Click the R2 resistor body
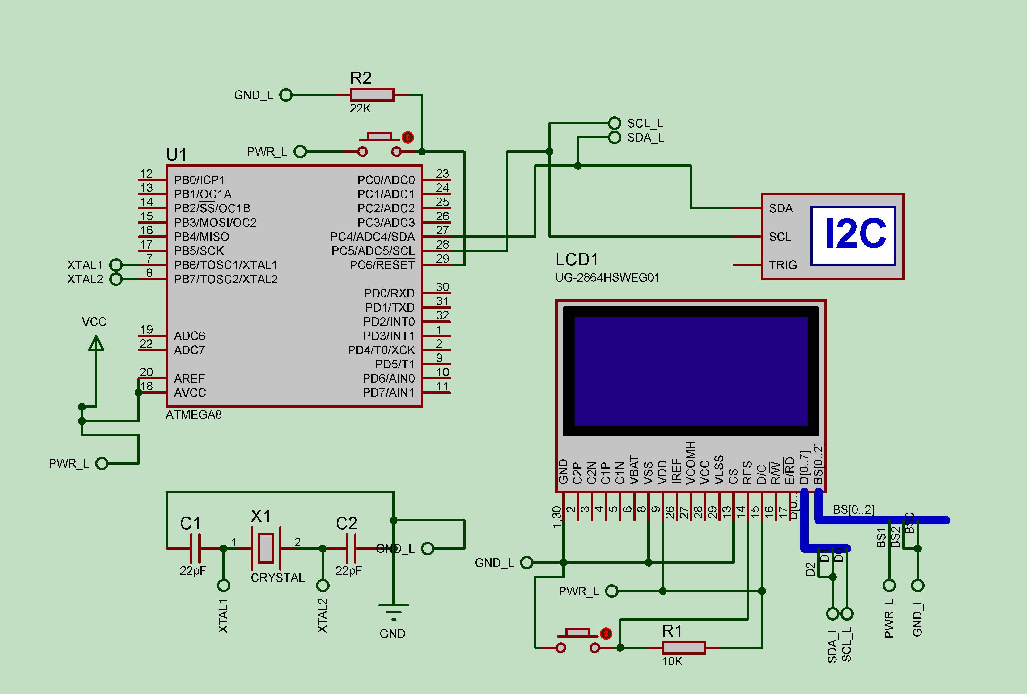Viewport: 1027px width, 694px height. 372,95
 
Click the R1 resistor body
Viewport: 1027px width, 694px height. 683,647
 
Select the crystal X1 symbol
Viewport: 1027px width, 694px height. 266,548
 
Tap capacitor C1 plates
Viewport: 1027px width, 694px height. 195,548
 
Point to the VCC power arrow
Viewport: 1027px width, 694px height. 96,344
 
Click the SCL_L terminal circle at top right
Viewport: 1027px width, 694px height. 614,123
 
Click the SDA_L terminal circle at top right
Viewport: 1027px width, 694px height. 614,138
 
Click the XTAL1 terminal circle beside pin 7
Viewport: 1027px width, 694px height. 116,265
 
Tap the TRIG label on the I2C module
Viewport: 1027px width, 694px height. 783,265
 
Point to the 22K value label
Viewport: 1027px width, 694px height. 360,109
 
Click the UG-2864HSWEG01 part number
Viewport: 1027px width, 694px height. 607,278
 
